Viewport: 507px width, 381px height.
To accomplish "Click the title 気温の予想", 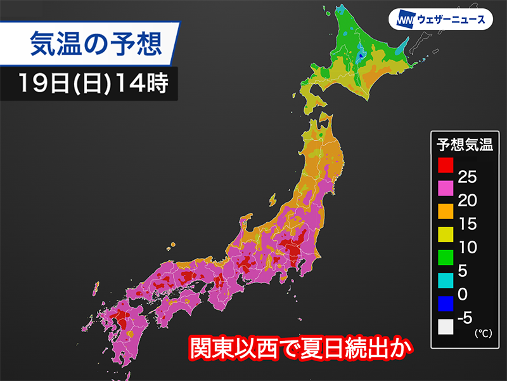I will tap(95, 45).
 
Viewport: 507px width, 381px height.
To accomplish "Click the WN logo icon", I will tap(406, 20).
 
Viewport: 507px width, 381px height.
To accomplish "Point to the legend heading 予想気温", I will tap(465, 144).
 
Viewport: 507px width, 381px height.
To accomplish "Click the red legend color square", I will tap(446, 166).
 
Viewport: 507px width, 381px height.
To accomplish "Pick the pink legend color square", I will tap(446, 189).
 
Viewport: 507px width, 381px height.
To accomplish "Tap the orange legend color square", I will tap(446, 211).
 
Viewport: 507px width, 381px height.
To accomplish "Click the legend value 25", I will tap(467, 177).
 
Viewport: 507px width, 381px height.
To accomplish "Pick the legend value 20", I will tap(467, 201).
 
